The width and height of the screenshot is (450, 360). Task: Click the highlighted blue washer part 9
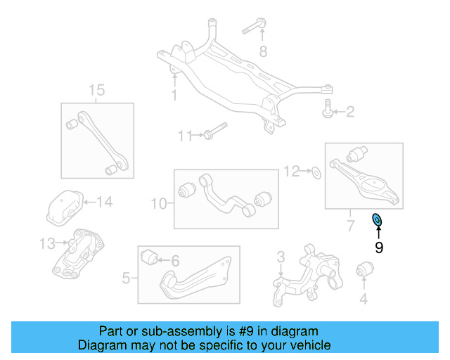tap(378, 220)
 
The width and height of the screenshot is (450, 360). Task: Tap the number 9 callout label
tap(378, 247)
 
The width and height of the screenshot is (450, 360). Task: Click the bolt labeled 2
tap(328, 111)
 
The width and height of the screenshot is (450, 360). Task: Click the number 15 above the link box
tap(96, 90)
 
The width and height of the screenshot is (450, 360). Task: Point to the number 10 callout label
tap(158, 204)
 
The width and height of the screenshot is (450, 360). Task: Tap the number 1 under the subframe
tap(174, 95)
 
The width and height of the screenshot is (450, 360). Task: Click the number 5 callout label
tap(126, 278)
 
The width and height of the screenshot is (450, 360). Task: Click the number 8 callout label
tap(263, 51)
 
